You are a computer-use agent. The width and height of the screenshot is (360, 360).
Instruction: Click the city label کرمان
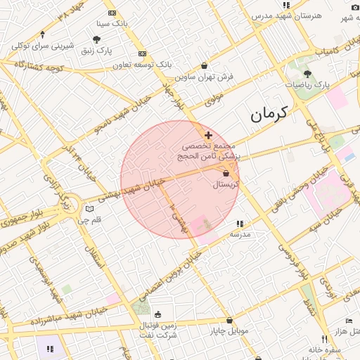tap(270, 112)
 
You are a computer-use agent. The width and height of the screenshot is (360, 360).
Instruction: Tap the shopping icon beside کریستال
tap(226, 173)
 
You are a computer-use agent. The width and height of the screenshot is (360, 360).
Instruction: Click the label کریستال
tap(226, 184)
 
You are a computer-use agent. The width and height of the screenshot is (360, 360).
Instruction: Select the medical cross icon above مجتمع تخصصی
tap(208, 134)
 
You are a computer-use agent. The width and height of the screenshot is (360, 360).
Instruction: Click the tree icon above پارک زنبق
tap(96, 39)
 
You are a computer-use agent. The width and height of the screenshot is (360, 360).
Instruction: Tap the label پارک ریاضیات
tap(307, 84)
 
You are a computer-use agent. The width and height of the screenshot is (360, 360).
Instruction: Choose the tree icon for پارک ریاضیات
tap(307, 73)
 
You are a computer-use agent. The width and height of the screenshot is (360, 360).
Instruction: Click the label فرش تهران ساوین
tap(205, 76)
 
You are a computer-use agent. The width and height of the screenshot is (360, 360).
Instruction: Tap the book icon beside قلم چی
tap(89, 209)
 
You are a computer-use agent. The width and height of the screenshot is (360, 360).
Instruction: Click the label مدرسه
tap(240, 234)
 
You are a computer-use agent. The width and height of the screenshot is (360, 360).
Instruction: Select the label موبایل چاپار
tap(229, 330)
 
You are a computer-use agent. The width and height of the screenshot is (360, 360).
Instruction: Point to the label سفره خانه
tap(323, 349)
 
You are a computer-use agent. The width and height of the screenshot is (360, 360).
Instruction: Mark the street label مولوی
tap(214, 99)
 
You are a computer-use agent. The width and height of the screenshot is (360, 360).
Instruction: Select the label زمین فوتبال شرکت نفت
tap(157, 330)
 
